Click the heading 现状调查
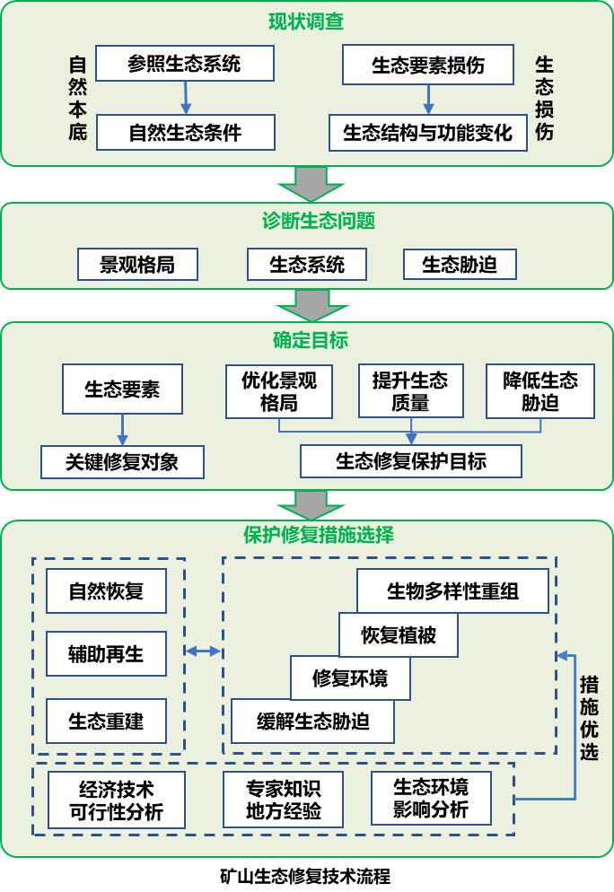[306, 22]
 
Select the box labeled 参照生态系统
[185, 65]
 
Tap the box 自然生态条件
[185, 133]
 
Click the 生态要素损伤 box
[428, 66]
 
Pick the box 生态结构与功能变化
[427, 133]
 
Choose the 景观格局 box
[136, 265]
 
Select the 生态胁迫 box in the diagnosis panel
[460, 265]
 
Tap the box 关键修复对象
[122, 462]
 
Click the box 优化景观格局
[278, 391]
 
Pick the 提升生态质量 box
[410, 391]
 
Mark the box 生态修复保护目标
[411, 462]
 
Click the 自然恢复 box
[106, 592]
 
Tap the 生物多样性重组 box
[452, 591]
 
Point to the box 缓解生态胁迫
[312, 721]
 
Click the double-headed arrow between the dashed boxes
[203, 651]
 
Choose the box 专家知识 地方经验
[283, 800]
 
